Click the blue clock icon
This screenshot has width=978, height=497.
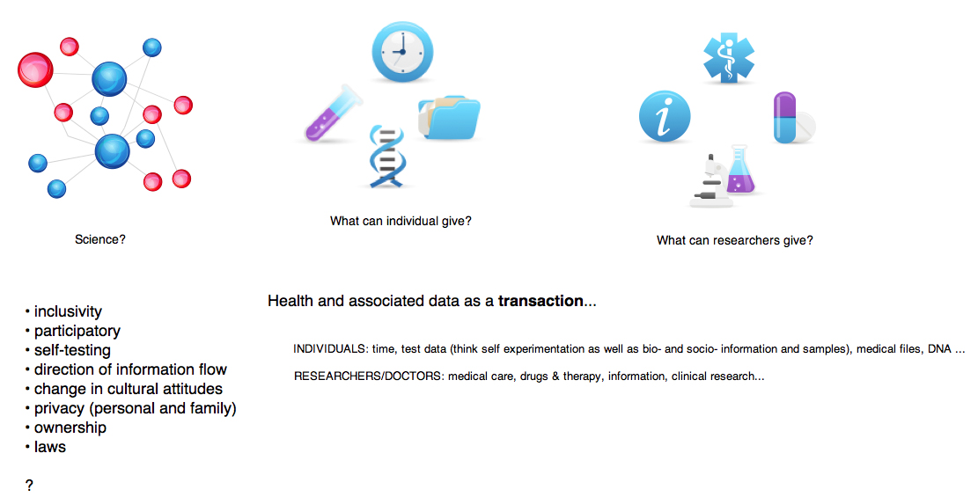(402, 51)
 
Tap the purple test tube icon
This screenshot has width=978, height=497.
(334, 113)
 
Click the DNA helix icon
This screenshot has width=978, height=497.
(386, 157)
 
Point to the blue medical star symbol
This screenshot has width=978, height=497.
(729, 57)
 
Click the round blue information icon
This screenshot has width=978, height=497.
(665, 117)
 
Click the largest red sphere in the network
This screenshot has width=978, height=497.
(35, 69)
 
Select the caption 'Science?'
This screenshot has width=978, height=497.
(99, 239)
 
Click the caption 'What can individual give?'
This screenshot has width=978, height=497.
(401, 221)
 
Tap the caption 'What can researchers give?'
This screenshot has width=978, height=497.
(735, 240)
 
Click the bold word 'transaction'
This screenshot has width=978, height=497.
(540, 301)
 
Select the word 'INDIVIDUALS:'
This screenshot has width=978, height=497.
(331, 349)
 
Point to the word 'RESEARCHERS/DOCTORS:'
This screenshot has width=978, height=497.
(368, 376)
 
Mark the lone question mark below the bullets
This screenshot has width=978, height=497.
(29, 486)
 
